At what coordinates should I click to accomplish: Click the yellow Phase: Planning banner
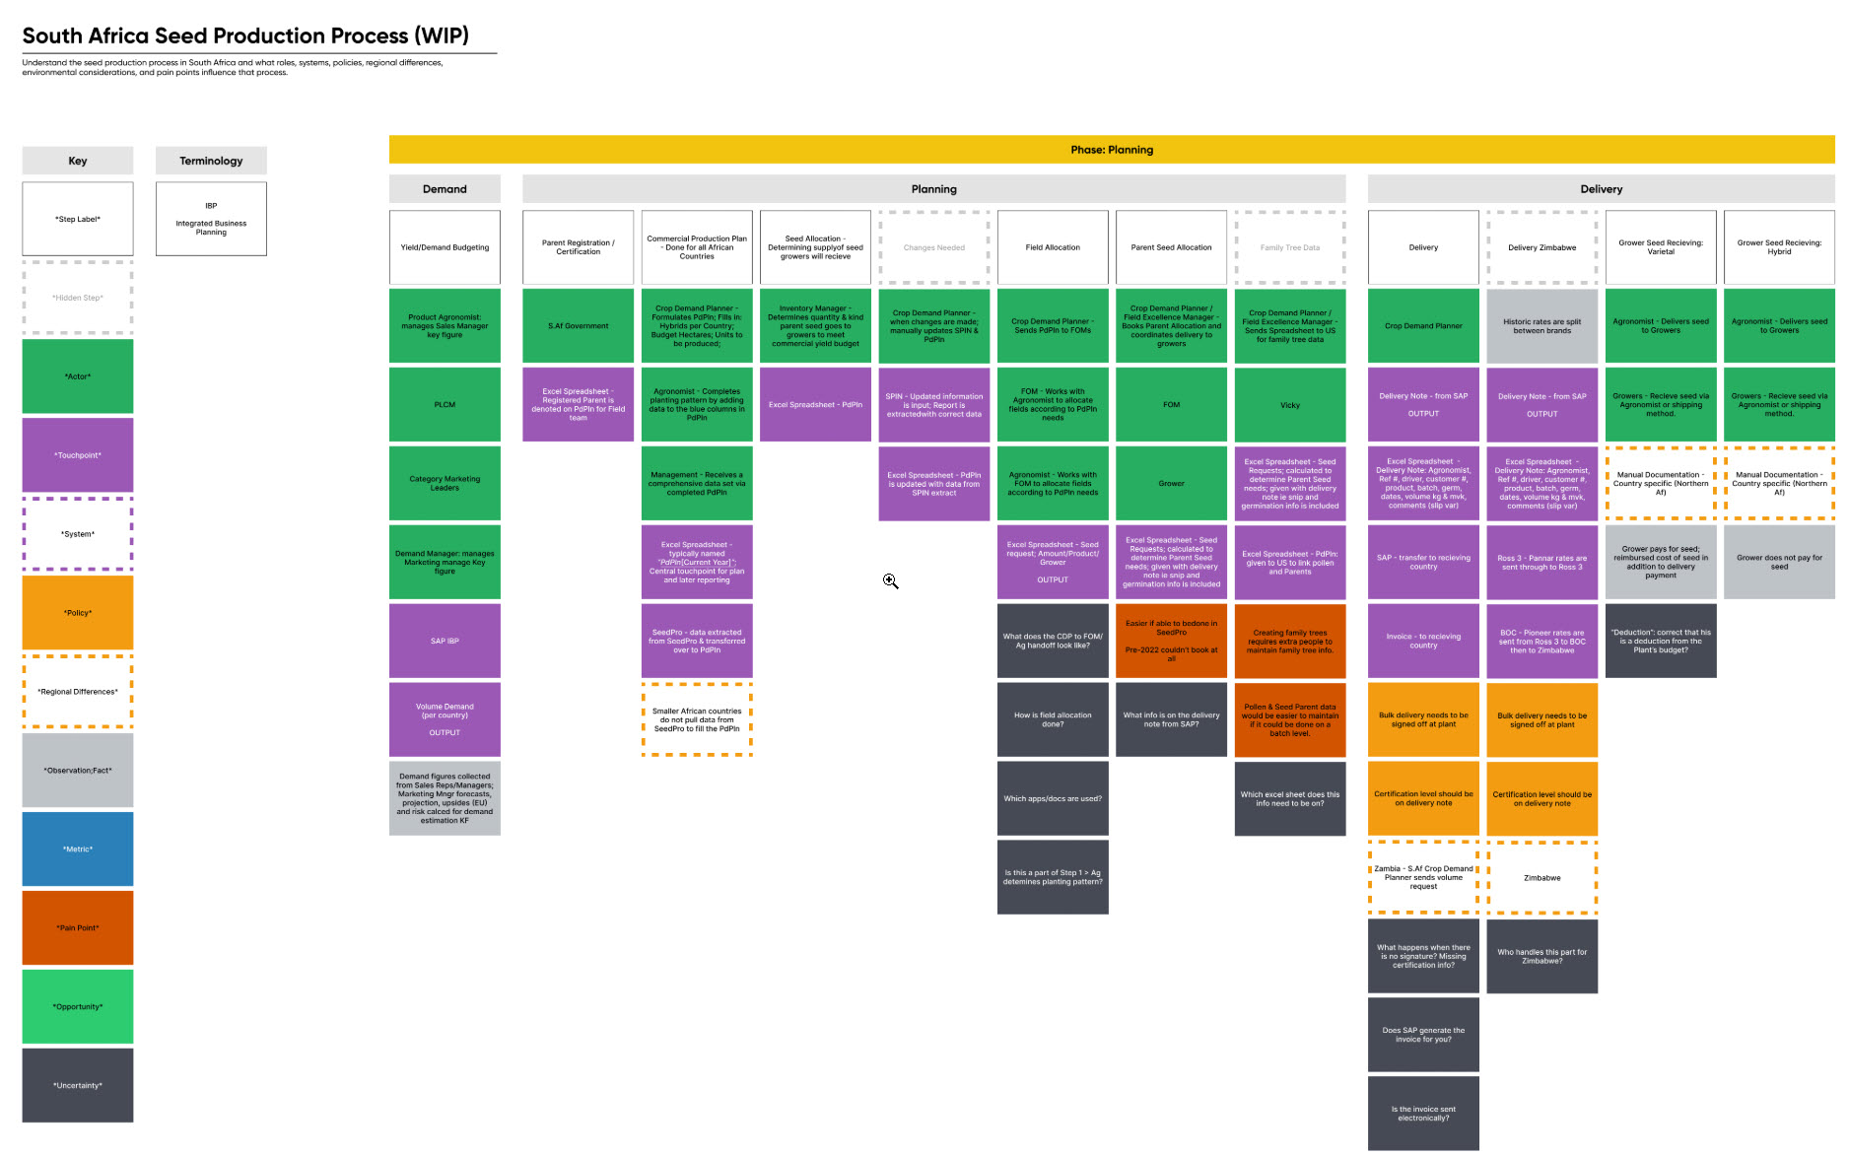pyautogui.click(x=1111, y=150)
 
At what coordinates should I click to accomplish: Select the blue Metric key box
pyautogui.click(x=78, y=849)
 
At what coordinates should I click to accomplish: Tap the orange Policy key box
pyautogui.click(x=78, y=612)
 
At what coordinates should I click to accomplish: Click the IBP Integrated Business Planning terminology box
pyautogui.click(x=211, y=219)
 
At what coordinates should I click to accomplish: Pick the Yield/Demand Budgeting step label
pyautogui.click(x=445, y=247)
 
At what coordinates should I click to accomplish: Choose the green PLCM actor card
pyautogui.click(x=445, y=404)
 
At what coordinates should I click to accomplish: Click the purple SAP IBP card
pyautogui.click(x=445, y=641)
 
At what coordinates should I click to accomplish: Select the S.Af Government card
pyautogui.click(x=578, y=325)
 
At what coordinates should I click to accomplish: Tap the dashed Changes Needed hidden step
pyautogui.click(x=933, y=247)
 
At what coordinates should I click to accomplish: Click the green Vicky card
pyautogui.click(x=1289, y=404)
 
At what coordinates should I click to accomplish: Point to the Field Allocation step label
pyautogui.click(x=1053, y=247)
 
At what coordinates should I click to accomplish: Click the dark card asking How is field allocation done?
pyautogui.click(x=1053, y=719)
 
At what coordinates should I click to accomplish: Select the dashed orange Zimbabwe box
pyautogui.click(x=1541, y=877)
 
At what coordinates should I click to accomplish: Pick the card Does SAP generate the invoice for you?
pyautogui.click(x=1423, y=1035)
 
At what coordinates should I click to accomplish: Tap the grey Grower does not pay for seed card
pyautogui.click(x=1779, y=562)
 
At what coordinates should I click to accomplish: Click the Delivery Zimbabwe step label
pyautogui.click(x=1541, y=247)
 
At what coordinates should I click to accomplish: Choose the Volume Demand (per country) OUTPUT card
pyautogui.click(x=445, y=719)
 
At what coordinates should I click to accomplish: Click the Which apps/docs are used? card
pyautogui.click(x=1053, y=798)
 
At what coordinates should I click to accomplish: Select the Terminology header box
pyautogui.click(x=211, y=161)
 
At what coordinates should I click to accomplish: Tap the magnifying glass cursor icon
pyautogui.click(x=890, y=581)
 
